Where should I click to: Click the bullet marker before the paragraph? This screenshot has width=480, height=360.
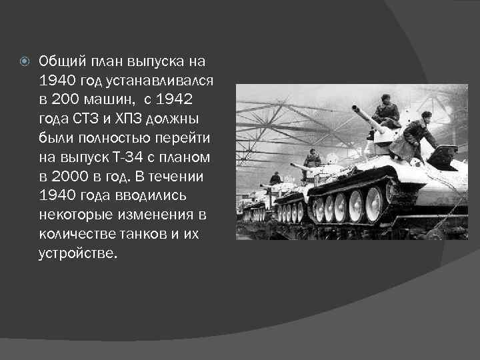[25, 62]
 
